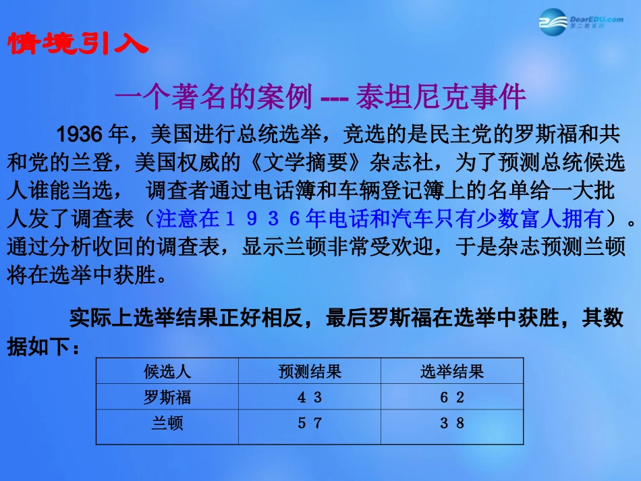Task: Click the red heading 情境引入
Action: click(x=77, y=44)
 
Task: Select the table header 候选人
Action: click(x=167, y=372)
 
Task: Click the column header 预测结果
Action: click(x=310, y=372)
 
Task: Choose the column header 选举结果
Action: click(x=452, y=372)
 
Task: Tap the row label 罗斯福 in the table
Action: click(x=167, y=397)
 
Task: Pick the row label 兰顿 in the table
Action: click(x=167, y=424)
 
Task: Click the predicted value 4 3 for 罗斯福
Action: click(x=310, y=397)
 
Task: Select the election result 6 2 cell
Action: click(x=452, y=397)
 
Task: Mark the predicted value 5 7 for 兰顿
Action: click(x=310, y=424)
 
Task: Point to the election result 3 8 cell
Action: click(x=452, y=424)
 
